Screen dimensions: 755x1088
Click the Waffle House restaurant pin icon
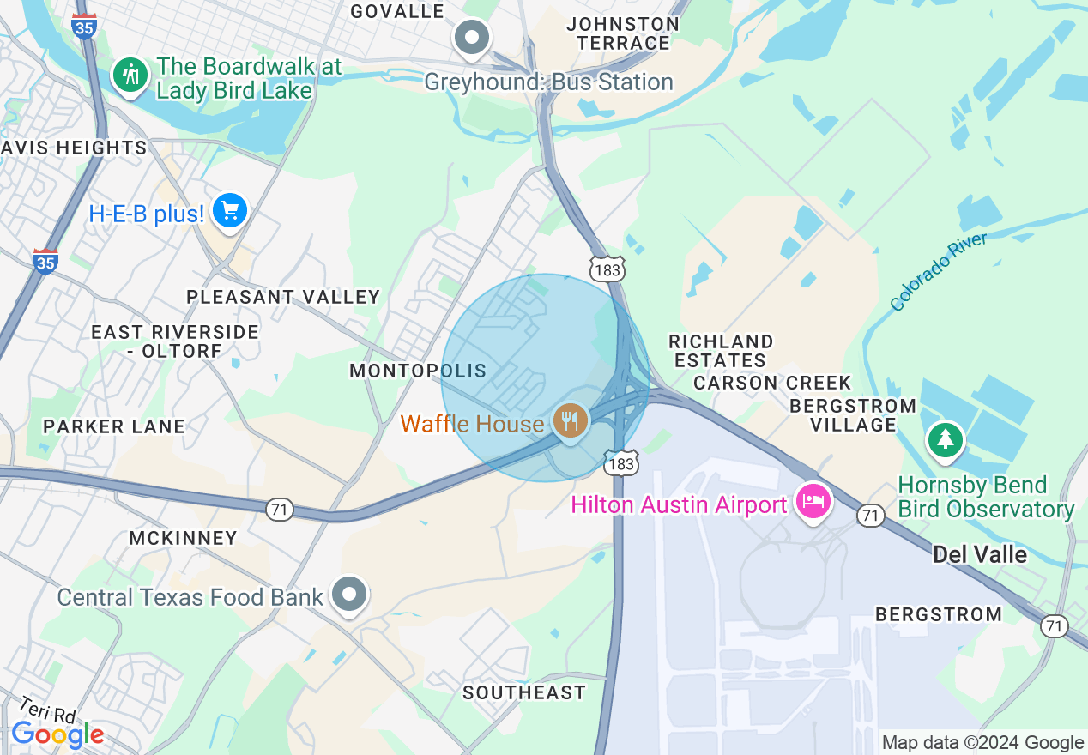pos(570,421)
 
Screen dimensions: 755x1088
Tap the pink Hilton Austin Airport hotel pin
pos(813,500)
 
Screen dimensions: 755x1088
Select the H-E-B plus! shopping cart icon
pos(229,210)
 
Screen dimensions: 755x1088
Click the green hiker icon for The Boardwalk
pos(130,75)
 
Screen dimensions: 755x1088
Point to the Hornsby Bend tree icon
pos(945,439)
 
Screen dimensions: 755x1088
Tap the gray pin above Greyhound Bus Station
pos(471,38)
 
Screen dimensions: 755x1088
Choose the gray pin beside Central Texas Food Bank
pos(349,594)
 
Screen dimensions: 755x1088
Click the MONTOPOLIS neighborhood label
pos(418,371)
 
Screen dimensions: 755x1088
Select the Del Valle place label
pos(980,555)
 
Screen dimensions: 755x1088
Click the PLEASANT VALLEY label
pos(283,297)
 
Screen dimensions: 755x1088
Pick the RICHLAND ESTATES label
pos(721,351)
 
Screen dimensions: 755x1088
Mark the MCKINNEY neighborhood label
pos(183,538)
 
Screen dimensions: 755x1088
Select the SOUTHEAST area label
pos(524,692)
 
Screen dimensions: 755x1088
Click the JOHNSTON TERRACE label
pos(623,33)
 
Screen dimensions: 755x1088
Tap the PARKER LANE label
pos(114,426)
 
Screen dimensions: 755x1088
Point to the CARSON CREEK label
pos(772,383)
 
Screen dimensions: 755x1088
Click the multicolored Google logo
pos(57,734)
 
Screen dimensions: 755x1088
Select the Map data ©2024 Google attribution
pos(983,743)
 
